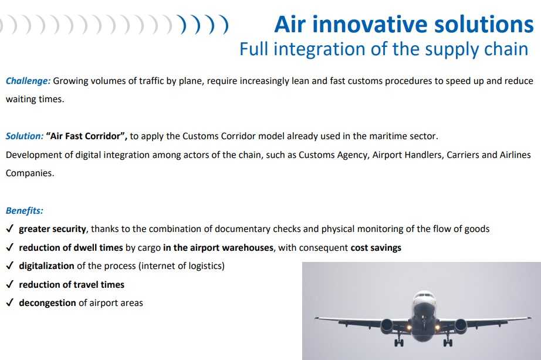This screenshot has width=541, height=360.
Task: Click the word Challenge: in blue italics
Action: (28, 81)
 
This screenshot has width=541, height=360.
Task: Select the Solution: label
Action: (25, 136)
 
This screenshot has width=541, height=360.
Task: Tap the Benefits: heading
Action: (25, 211)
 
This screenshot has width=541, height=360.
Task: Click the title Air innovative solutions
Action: (404, 25)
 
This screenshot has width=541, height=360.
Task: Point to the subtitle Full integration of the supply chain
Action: (384, 49)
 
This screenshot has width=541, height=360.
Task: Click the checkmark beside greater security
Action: (9, 228)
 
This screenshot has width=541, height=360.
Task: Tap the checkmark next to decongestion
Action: (9, 302)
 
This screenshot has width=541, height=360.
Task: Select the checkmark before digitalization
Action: (9, 265)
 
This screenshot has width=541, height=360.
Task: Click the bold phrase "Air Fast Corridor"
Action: (87, 136)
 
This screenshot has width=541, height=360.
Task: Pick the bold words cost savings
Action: (376, 248)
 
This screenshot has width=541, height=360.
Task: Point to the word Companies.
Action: (30, 173)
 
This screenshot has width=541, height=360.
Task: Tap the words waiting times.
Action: (35, 99)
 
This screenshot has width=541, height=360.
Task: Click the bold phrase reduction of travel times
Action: (72, 285)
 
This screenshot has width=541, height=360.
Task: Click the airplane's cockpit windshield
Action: (424, 296)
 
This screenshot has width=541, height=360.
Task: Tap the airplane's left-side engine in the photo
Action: (387, 326)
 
